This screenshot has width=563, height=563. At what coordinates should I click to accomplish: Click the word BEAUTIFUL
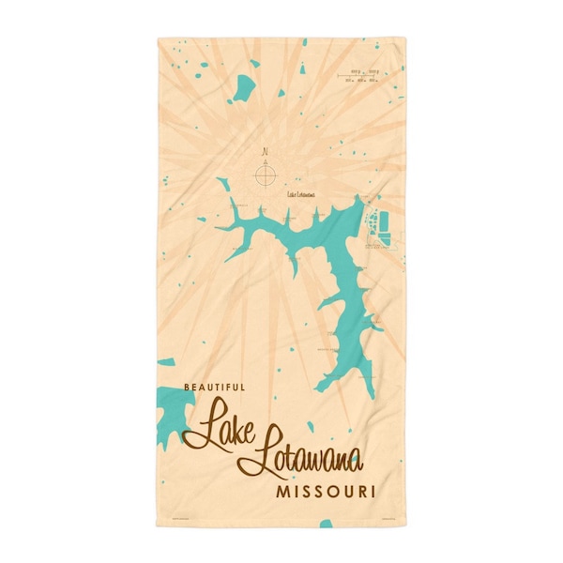tap(214, 387)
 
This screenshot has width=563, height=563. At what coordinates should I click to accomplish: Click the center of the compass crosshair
tap(266, 173)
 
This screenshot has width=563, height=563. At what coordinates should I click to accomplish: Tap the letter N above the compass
tap(266, 150)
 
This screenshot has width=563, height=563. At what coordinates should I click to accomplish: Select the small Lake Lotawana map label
tap(301, 195)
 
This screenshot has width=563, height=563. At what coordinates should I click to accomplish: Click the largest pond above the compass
tap(246, 88)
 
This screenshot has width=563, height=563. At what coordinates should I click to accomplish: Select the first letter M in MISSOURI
tap(281, 491)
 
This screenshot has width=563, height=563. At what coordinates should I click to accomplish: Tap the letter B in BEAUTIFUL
tap(186, 387)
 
